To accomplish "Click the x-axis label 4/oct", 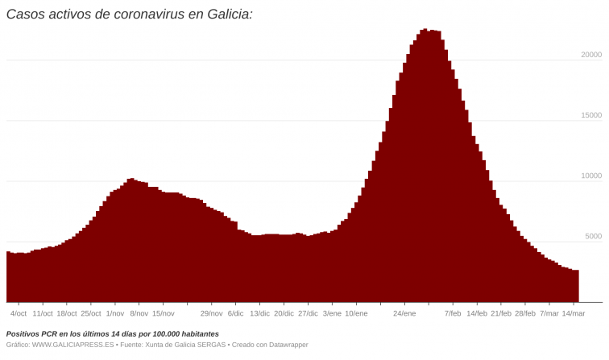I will coord(19,313).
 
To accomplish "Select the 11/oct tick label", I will coord(43,313).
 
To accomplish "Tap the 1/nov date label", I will coord(115,313).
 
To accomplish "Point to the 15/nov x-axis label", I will coord(164,313).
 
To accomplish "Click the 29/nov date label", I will coord(212,313).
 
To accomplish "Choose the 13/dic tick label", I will coord(259,313).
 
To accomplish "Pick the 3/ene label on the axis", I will coord(332,313).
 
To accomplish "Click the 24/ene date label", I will coord(404,313).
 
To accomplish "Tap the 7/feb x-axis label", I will coord(453,313).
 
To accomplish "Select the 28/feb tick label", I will coord(525,313).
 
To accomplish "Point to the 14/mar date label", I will coord(573,313).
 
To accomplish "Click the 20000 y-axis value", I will coord(591,55).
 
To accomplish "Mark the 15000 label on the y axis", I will coord(591,115).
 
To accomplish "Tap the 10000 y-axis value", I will coord(591,176).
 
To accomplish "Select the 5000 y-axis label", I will coord(594,236).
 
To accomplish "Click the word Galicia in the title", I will coord(226,14).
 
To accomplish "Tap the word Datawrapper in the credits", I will coord(286,345).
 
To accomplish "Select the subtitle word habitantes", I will coord(191,333).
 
